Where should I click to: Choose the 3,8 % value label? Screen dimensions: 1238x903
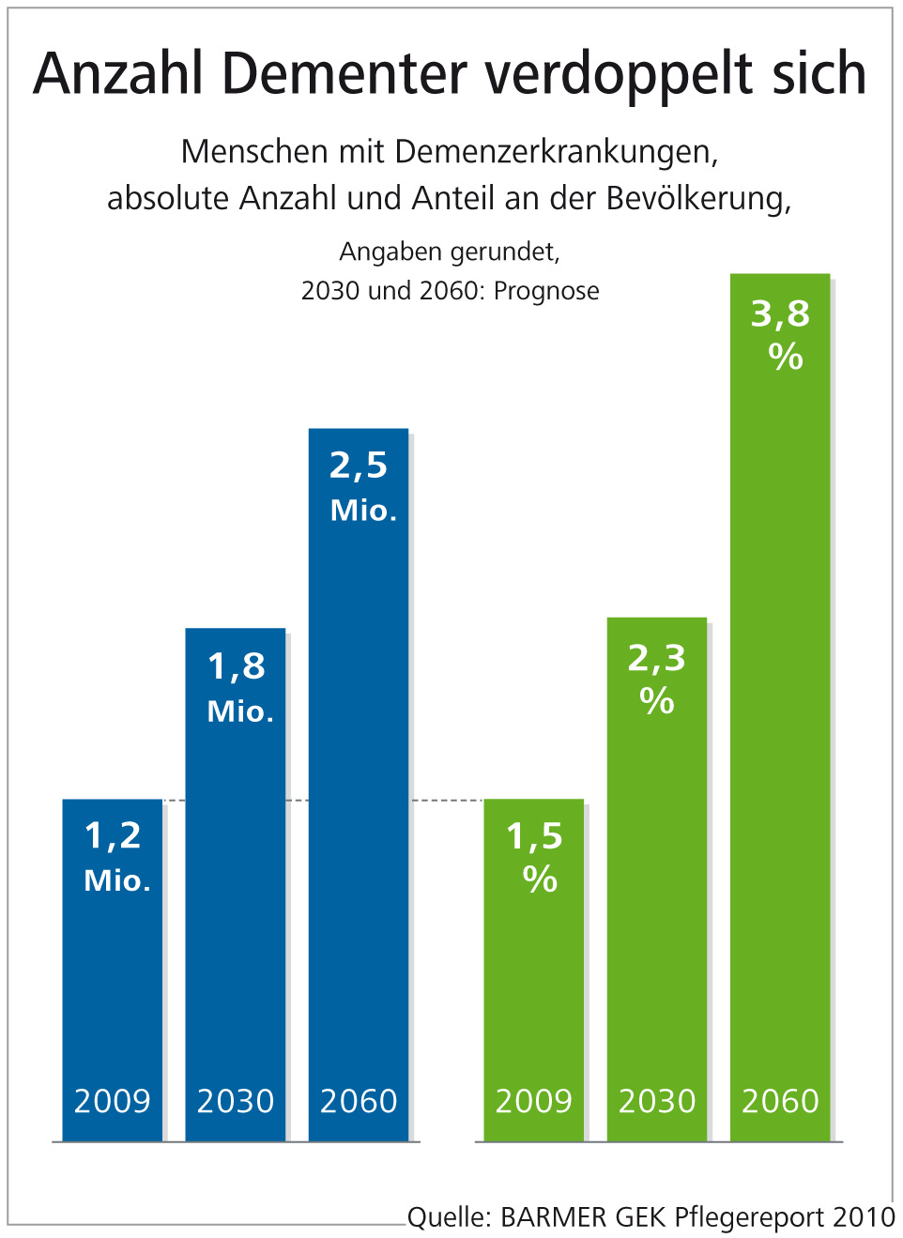click(781, 334)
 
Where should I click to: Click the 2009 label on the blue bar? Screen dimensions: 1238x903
click(113, 1101)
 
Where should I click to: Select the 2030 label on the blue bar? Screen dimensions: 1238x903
click(236, 1101)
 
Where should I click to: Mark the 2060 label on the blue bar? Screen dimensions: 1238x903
click(359, 1101)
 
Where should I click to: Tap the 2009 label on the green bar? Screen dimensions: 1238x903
click(534, 1101)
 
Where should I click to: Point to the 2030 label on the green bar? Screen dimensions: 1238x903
click(657, 1101)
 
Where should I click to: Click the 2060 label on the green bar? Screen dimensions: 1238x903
click(780, 1101)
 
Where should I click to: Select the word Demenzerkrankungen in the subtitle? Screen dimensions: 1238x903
click(556, 152)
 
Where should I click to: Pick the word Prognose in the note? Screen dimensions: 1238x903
click(546, 291)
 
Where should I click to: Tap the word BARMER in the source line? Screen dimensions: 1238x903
click(554, 1217)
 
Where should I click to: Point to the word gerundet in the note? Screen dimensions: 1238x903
click(504, 252)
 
